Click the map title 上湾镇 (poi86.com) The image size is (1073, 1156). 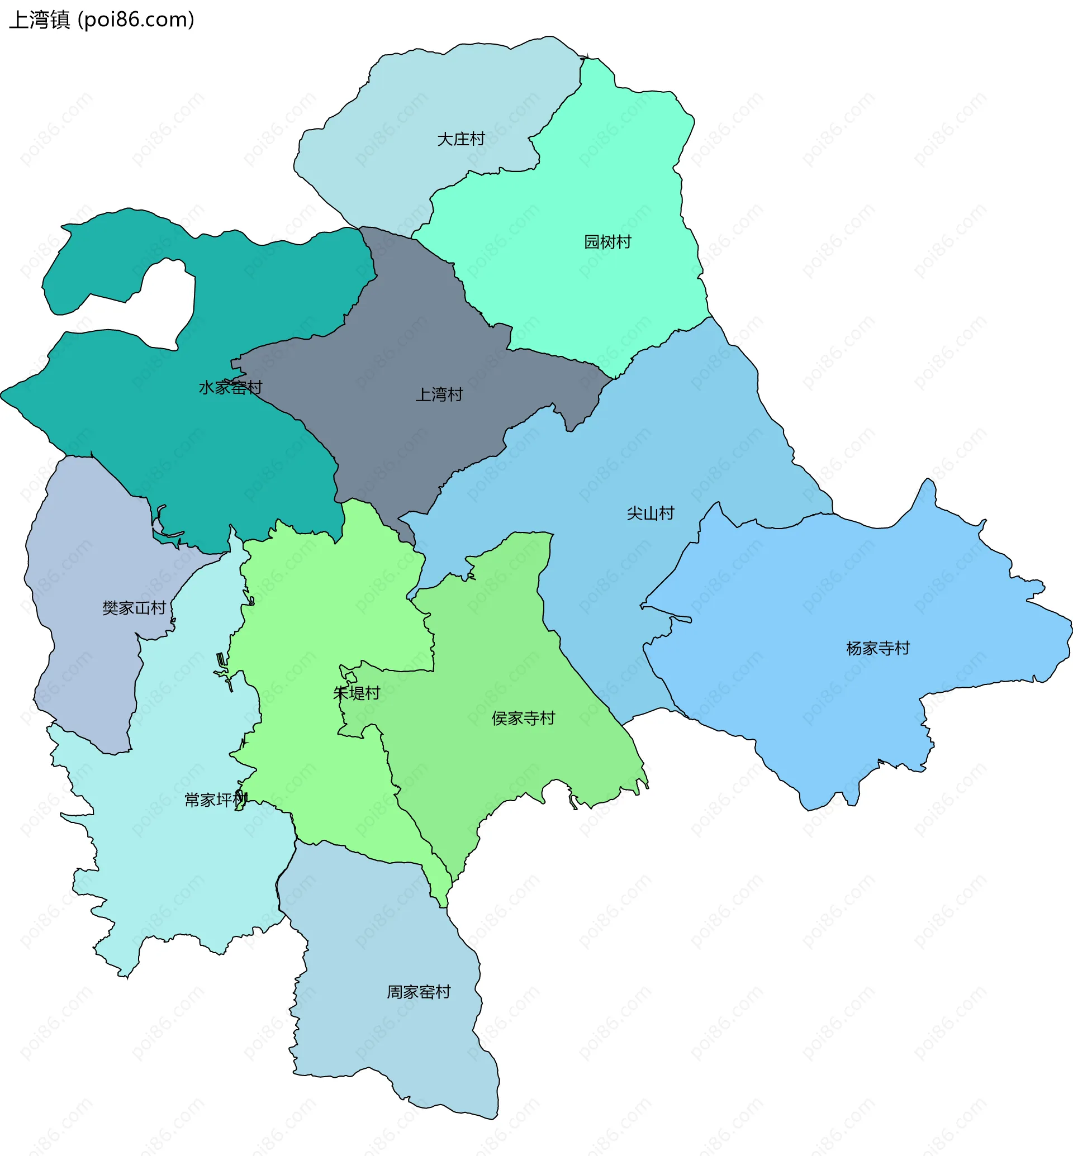[102, 20]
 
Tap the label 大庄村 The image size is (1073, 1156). [460, 139]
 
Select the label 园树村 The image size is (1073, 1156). [607, 242]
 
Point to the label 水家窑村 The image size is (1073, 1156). [230, 387]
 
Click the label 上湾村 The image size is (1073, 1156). [439, 395]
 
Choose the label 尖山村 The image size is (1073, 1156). [651, 513]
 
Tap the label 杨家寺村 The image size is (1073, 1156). [877, 649]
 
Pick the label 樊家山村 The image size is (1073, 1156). [134, 608]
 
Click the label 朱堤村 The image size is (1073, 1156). [357, 693]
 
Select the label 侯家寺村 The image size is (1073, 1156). [523, 719]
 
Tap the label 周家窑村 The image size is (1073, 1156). [419, 992]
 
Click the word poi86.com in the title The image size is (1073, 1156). [136, 20]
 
